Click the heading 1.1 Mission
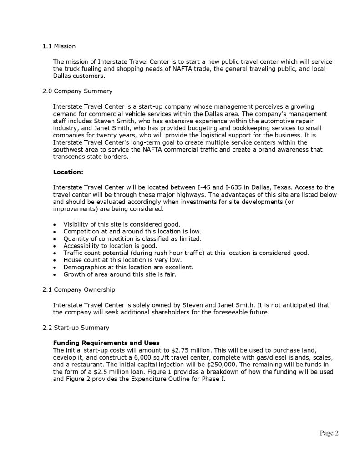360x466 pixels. (59, 46)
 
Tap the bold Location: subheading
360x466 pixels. (68, 172)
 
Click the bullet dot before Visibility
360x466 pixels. (55, 225)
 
